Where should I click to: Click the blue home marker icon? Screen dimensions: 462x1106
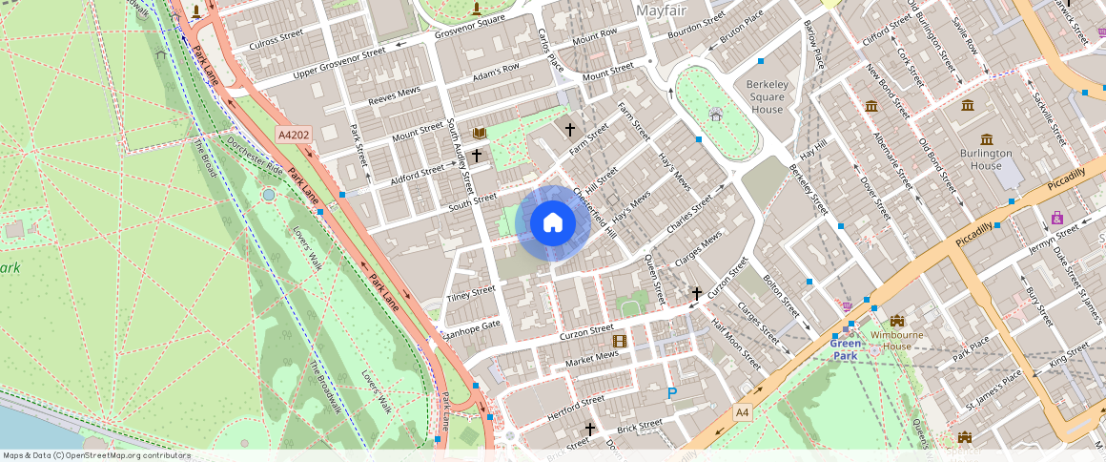tap(552, 223)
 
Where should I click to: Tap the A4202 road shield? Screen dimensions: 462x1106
tap(294, 136)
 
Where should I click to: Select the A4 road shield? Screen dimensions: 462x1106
tap(743, 411)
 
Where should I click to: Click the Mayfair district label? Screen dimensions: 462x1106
tap(663, 10)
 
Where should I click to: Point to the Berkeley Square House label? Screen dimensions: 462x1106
tap(767, 96)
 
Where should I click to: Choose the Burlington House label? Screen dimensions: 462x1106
tap(987, 159)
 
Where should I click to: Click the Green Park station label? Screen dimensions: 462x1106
tap(846, 349)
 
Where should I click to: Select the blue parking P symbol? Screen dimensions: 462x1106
tap(672, 393)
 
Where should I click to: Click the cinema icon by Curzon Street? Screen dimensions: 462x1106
tap(620, 341)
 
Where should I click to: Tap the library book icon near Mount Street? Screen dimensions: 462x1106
tap(480, 133)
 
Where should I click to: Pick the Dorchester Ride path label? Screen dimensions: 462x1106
tap(256, 156)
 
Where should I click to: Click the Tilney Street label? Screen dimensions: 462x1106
tap(472, 291)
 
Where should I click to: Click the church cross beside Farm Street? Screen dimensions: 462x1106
tap(570, 129)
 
